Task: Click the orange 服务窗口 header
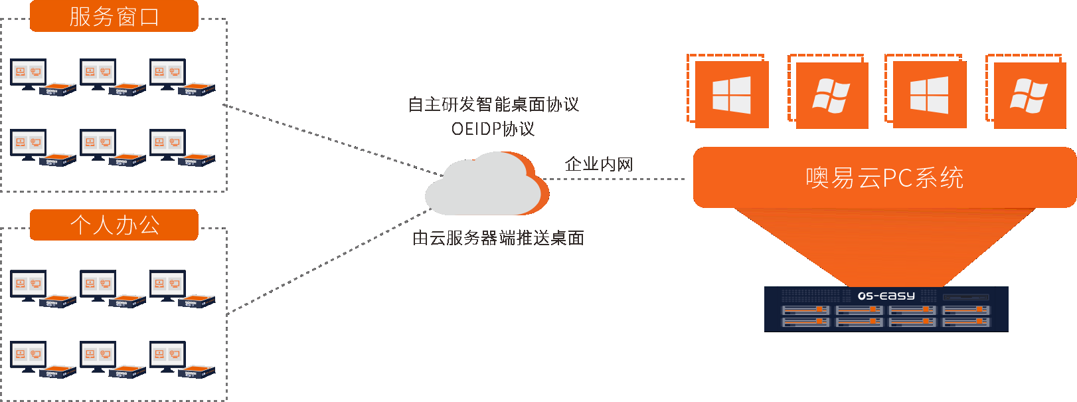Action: pos(114,16)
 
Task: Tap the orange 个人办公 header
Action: pos(114,225)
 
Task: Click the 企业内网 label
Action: pos(598,164)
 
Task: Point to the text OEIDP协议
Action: pos(493,129)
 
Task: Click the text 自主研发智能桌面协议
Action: pos(493,104)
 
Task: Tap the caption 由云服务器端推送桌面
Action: pos(498,238)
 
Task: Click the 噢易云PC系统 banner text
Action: pos(884,178)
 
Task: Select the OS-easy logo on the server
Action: pos(886,296)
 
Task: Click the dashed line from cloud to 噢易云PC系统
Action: pos(618,179)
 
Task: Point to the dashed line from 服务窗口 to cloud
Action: pos(332,140)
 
